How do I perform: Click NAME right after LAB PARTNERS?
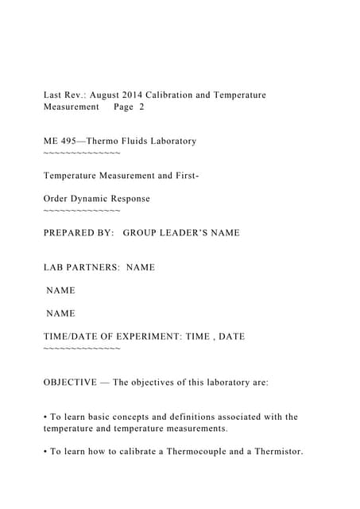click(x=141, y=267)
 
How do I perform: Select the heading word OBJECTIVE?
click(x=72, y=382)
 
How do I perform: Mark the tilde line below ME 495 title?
click(x=82, y=152)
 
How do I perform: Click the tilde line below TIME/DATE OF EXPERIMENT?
click(x=82, y=348)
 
